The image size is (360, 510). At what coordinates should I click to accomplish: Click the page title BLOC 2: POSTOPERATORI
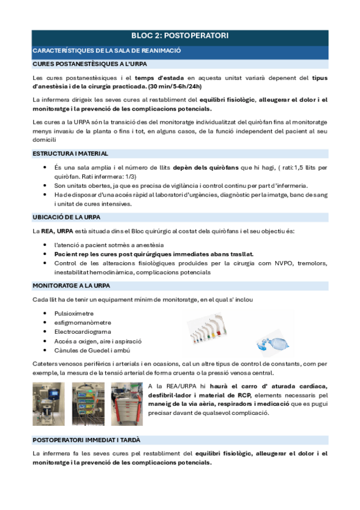pos(180,36)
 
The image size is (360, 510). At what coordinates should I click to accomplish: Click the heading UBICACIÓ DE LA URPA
pos(66,217)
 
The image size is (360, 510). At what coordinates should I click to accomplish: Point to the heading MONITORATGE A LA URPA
pos(73,286)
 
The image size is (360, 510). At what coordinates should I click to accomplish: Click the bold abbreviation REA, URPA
pos(56,232)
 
